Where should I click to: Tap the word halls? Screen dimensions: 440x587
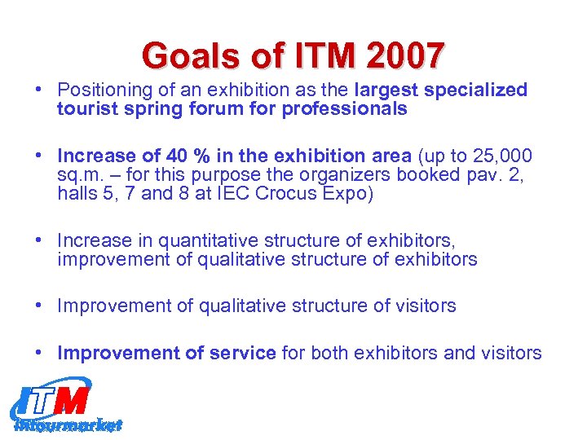77,194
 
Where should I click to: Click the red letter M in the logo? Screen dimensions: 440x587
73,400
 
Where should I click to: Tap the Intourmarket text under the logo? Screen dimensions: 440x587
68,425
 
